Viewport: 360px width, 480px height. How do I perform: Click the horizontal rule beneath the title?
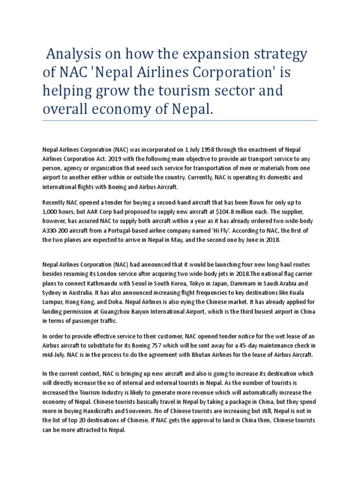point(180,120)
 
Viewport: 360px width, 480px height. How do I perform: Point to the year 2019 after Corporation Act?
point(114,158)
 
